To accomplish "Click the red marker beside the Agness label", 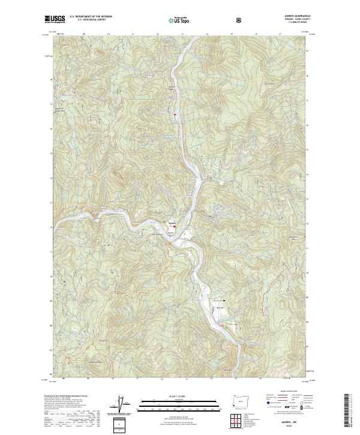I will point(182,226).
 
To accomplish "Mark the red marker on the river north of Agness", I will point(175,113).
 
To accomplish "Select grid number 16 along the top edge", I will point(256,35).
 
